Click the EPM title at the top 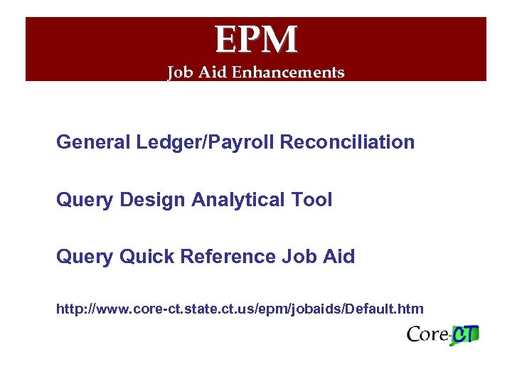(256, 39)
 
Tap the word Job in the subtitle (179, 73)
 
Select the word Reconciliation (348, 142)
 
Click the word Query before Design (85, 200)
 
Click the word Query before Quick (85, 257)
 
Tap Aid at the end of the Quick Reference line (337, 257)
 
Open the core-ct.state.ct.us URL (240, 309)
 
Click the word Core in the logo (428, 334)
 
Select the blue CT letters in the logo (466, 334)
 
